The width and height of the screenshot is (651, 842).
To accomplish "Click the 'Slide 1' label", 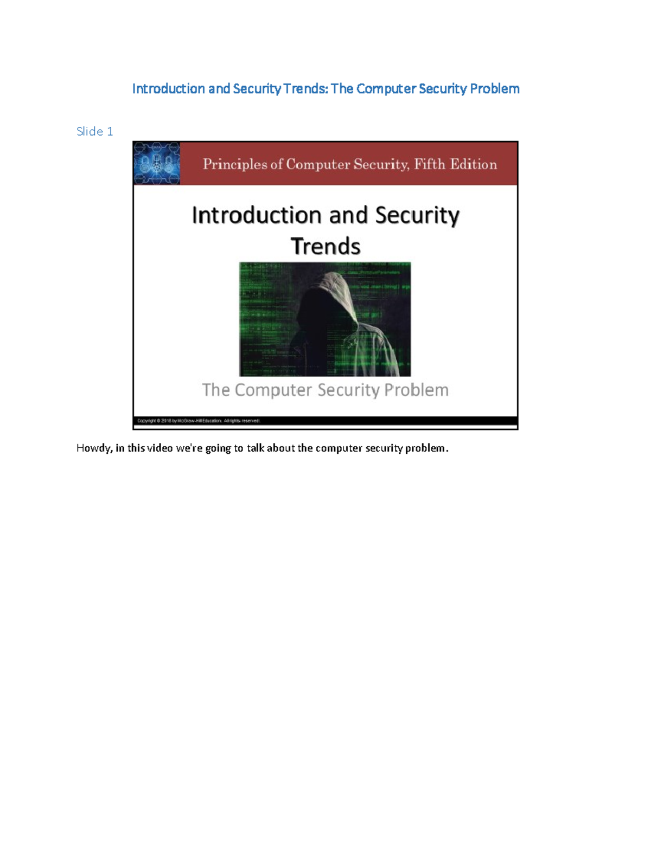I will pyautogui.click(x=95, y=131).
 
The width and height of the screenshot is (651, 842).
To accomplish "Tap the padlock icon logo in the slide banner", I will pyautogui.click(x=157, y=163).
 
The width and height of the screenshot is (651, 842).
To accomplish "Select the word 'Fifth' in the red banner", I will pyautogui.click(x=429, y=164).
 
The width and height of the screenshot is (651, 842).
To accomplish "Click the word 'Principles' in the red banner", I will pyautogui.click(x=235, y=164).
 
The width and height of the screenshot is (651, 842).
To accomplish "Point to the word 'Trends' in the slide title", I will pyautogui.click(x=325, y=246).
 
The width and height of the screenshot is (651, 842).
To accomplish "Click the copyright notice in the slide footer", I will pyautogui.click(x=199, y=421).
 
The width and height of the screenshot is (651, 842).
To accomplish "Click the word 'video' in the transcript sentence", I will pyautogui.click(x=159, y=448).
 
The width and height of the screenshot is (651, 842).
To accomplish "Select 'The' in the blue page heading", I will pyautogui.click(x=342, y=89).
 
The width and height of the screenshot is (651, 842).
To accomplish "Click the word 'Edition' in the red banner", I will pyautogui.click(x=476, y=164).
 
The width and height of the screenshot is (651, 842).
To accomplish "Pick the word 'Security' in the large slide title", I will pyautogui.click(x=417, y=215).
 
